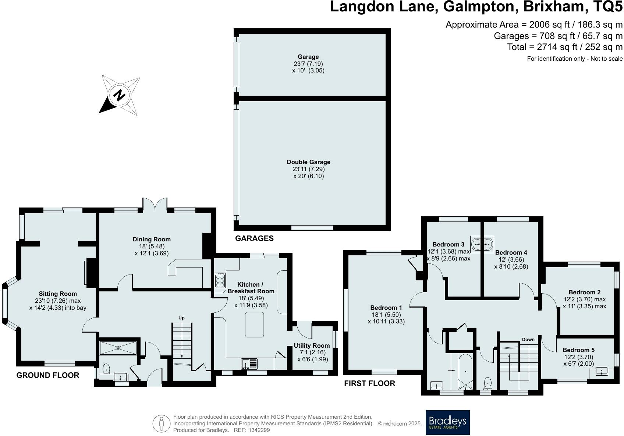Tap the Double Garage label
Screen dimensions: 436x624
click(x=308, y=162)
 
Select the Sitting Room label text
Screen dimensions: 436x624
click(x=58, y=294)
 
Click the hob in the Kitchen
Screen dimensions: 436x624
click(x=220, y=280)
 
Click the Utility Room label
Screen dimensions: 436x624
click(x=311, y=345)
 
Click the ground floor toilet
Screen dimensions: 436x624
click(x=106, y=368)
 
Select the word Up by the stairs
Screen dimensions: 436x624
click(x=181, y=318)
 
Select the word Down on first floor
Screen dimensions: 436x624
click(x=528, y=340)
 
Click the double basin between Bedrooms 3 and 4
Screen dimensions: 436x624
click(x=483, y=244)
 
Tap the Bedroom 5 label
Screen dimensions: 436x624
click(x=578, y=350)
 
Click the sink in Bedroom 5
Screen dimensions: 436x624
click(x=602, y=371)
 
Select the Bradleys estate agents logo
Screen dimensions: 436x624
click(x=447, y=422)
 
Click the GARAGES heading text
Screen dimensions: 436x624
click(x=254, y=238)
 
